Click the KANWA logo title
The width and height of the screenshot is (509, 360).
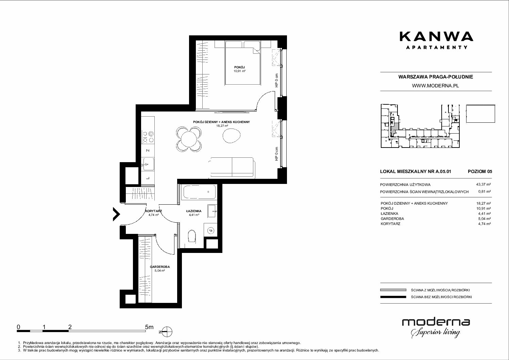click(x=436, y=37)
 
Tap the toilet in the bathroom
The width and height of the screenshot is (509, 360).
click(x=192, y=237)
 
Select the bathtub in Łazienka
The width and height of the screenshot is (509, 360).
click(x=199, y=192)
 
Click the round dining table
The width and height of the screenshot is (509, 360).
click(x=188, y=139)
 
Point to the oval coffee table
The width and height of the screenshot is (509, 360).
click(x=231, y=136)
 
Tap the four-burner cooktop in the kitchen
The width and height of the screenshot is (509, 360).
click(x=148, y=137)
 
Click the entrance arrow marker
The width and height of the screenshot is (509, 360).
click(x=116, y=214)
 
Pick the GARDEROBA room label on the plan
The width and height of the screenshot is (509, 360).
click(x=160, y=267)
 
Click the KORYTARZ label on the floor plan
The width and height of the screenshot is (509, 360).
click(x=154, y=211)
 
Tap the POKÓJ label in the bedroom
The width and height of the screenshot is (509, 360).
click(x=239, y=67)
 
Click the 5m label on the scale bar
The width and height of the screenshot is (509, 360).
click(x=149, y=327)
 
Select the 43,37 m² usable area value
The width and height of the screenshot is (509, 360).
click(x=483, y=185)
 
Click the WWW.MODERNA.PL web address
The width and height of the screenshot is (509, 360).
click(x=435, y=86)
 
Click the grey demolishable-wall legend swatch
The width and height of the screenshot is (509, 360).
click(x=393, y=290)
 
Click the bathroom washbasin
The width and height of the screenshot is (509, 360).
click(x=212, y=211)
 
